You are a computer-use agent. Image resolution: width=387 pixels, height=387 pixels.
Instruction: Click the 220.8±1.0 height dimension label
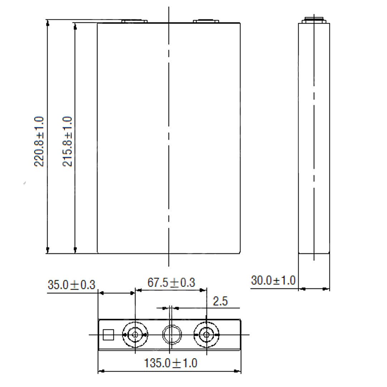(x=39, y=141)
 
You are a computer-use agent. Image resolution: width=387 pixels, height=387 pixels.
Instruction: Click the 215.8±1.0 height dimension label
(x=68, y=141)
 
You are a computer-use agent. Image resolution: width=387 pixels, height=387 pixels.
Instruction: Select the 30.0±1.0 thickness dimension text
(x=273, y=280)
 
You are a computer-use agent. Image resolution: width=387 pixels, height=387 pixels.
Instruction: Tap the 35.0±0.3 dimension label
(x=72, y=285)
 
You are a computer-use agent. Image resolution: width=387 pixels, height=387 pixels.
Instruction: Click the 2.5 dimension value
(x=220, y=301)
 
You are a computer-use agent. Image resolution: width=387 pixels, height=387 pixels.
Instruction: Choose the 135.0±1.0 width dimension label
(x=171, y=363)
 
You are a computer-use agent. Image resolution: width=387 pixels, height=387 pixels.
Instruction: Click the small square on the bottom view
(x=108, y=335)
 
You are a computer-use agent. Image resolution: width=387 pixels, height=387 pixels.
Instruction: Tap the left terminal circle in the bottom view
(x=135, y=335)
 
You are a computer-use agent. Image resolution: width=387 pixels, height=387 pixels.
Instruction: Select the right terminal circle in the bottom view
(x=206, y=335)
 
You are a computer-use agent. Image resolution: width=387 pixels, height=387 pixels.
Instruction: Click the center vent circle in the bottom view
(x=172, y=335)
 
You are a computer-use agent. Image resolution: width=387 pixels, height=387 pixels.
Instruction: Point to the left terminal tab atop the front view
(x=134, y=21)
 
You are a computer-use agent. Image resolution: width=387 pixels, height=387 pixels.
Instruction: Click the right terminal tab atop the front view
(x=206, y=21)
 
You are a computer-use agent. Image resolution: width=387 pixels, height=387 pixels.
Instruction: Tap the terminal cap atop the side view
(x=314, y=19)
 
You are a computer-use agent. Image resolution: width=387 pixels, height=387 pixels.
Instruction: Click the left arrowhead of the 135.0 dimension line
(x=101, y=371)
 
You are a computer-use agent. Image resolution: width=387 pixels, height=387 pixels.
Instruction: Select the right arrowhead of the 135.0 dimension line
(x=238, y=371)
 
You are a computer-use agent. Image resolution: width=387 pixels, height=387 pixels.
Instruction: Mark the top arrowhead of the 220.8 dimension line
(x=47, y=23)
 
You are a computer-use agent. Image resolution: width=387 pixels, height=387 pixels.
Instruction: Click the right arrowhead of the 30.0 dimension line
(x=327, y=289)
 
